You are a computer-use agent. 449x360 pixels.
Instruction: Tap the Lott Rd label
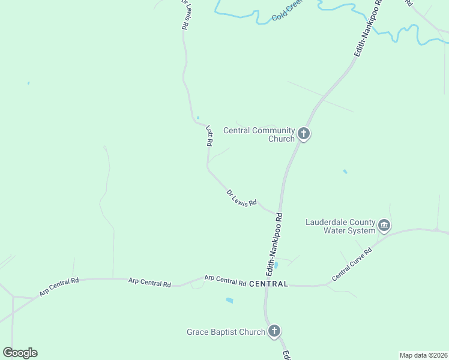209,136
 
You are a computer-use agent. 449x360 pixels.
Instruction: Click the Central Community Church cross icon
304,133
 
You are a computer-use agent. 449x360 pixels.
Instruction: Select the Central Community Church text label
259,134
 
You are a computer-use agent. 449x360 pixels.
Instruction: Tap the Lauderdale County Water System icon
384,226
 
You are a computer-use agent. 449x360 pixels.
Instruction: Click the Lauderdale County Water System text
340,226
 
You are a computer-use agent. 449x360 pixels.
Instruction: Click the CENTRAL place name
268,283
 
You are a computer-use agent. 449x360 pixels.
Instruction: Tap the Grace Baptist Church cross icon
274,331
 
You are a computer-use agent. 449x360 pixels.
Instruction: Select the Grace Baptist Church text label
226,332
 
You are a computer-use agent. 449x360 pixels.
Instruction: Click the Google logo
20,353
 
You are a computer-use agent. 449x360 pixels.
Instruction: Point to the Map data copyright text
424,355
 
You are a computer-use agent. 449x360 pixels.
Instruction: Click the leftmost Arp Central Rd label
59,287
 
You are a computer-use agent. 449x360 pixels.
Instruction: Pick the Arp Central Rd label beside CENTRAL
225,280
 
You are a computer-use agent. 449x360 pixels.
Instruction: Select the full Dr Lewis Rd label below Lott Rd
241,198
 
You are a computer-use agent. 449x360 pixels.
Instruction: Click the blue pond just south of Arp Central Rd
229,300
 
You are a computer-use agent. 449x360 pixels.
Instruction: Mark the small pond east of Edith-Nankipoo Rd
345,172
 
